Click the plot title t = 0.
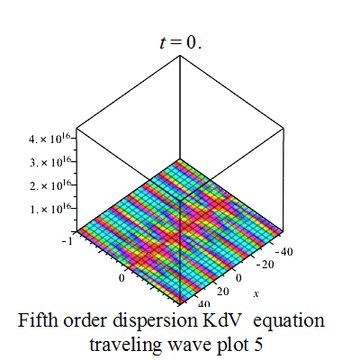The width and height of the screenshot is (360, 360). tap(181, 42)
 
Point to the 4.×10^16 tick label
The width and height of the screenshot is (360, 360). tap(49, 139)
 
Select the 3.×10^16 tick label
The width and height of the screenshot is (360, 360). tap(49, 163)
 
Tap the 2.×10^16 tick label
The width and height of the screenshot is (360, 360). tap(49, 186)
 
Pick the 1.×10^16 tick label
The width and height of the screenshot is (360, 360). tap(49, 210)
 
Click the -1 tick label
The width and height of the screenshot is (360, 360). tap(67, 241)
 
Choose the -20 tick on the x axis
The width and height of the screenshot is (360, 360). tap(265, 265)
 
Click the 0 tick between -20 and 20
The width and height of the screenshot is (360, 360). tap(238, 278)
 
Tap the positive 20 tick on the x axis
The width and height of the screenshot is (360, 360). tap(223, 291)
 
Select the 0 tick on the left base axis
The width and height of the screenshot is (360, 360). tap(121, 278)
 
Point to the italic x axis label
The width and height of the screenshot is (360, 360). tap(256, 293)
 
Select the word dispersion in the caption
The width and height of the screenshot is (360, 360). tap(154, 321)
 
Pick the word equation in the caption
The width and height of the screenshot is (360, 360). tap(289, 321)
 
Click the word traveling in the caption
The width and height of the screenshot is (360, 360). tap(125, 345)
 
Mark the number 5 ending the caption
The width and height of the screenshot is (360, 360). tap(258, 345)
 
